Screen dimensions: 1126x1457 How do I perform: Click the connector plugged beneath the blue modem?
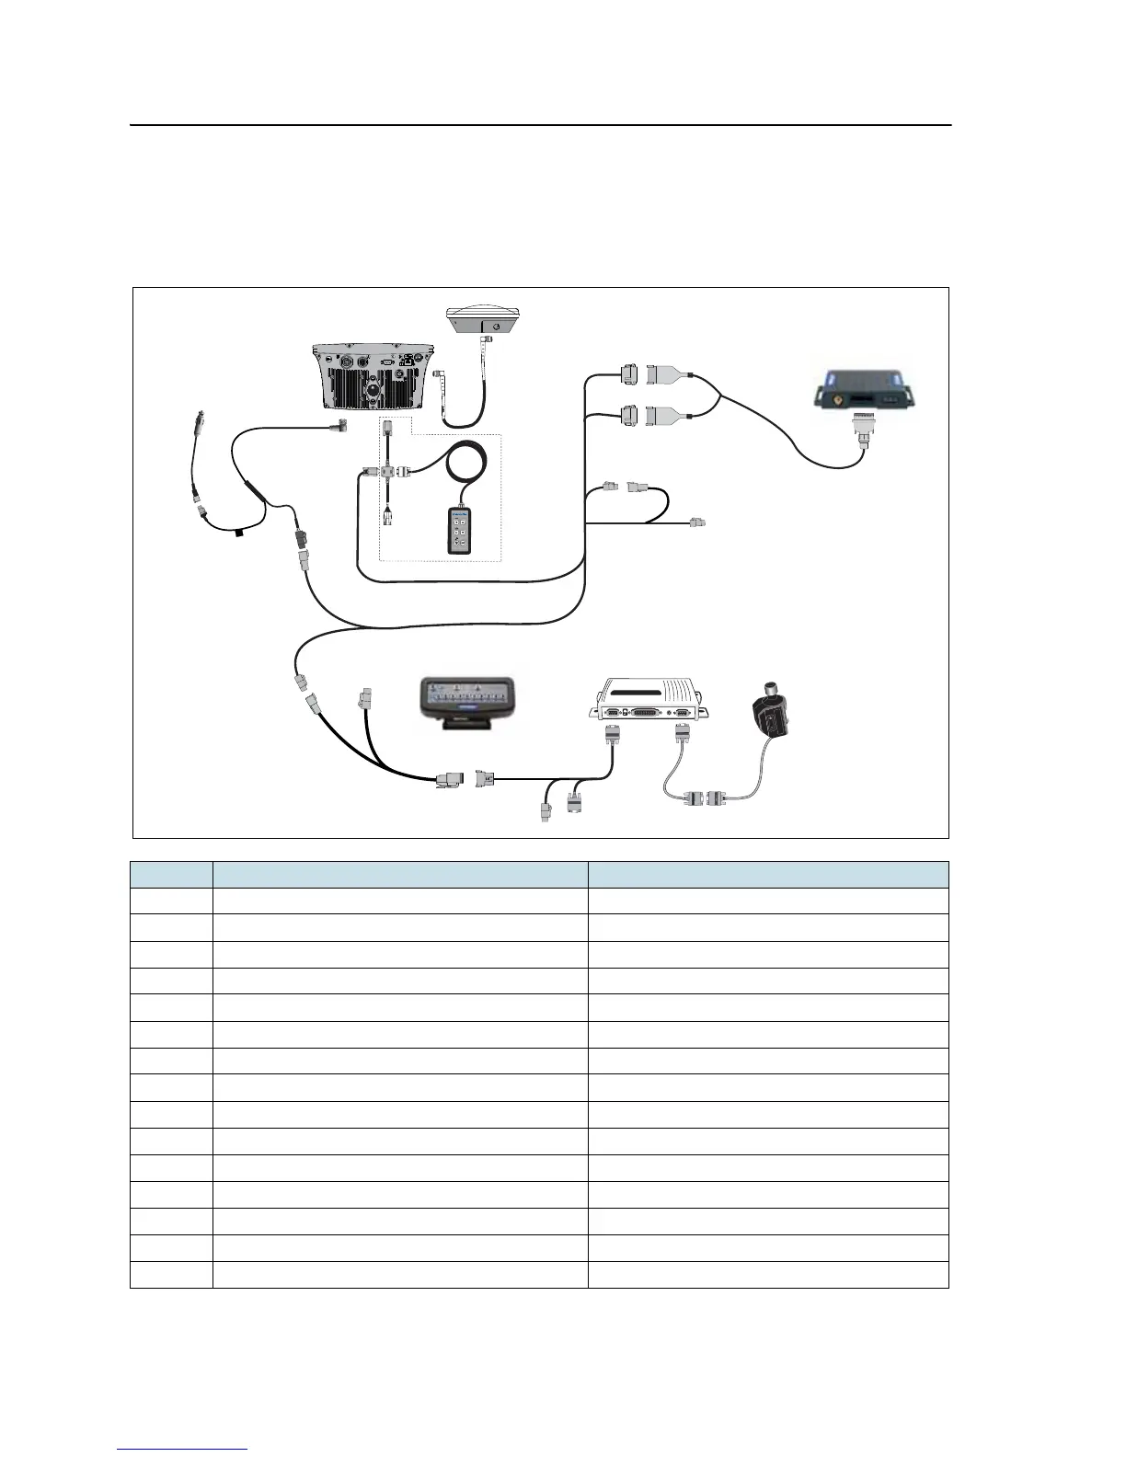click(x=864, y=429)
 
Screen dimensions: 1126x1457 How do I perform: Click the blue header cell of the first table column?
click(x=171, y=874)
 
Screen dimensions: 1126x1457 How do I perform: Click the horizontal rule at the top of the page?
click(x=540, y=125)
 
